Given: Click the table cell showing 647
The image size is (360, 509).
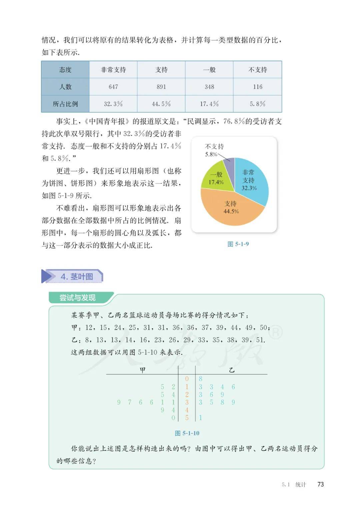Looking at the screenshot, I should tap(113, 87).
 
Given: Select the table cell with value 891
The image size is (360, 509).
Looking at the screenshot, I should tap(161, 87).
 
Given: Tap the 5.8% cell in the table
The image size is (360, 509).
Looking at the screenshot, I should tap(257, 104).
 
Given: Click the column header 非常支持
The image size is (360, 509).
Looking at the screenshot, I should tap(113, 70).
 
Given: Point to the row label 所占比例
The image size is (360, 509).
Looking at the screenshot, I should tap(65, 104).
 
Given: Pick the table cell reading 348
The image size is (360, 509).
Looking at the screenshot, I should tap(209, 87).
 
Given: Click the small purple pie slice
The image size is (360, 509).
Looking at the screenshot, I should tap(230, 164).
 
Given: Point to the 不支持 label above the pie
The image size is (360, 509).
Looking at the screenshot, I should tap(214, 146).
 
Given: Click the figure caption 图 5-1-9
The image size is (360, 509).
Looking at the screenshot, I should tap(238, 244).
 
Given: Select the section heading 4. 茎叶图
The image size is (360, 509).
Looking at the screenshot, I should tap(77, 277).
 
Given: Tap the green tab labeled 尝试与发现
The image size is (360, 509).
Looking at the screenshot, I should tap(77, 298).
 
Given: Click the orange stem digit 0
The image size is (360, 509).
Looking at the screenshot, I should tap(187, 379).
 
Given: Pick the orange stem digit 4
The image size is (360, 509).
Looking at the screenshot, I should tap(187, 410).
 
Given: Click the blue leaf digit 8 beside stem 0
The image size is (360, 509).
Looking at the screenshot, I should tap(200, 379).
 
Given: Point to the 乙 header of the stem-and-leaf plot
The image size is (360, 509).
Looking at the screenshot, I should tap(231, 370).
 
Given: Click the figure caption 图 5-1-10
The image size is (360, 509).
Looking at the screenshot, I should tap(187, 433).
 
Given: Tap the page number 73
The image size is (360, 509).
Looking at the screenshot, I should tap(320, 484).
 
